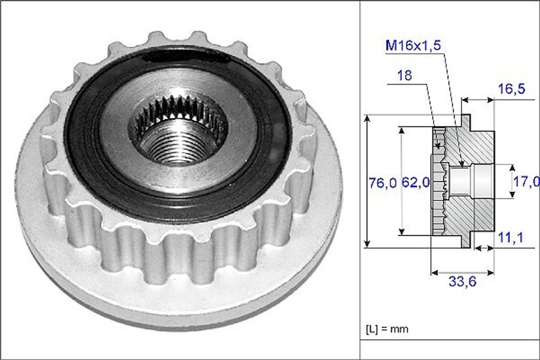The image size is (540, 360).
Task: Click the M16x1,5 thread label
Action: tap(413, 45)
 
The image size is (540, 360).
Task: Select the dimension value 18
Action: tap(404, 75)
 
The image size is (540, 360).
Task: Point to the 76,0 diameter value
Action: tap(382, 182)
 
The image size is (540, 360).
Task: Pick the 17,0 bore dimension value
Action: tap(526, 182)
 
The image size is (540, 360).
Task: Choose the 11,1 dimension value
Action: tap(510, 238)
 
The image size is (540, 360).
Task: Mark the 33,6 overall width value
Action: tap(462, 282)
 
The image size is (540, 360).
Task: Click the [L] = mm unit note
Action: tap(387, 329)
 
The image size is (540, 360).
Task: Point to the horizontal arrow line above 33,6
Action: tap(462, 273)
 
